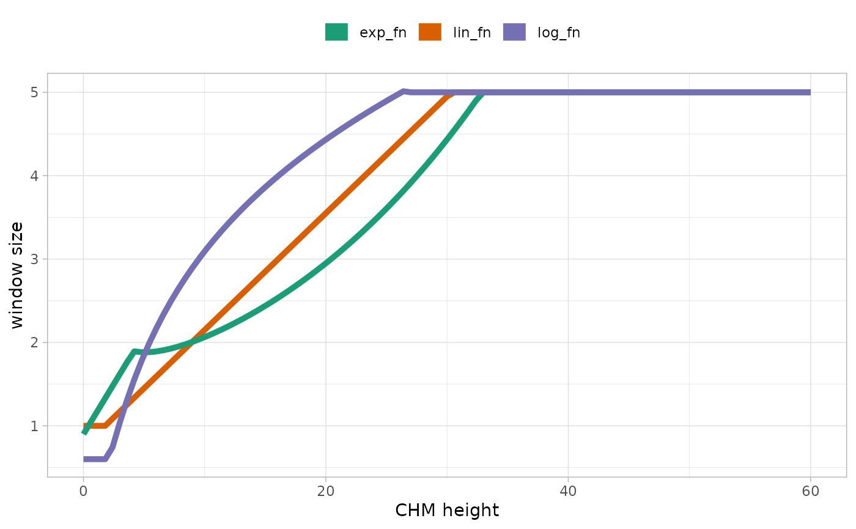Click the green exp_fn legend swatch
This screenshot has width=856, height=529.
click(336, 32)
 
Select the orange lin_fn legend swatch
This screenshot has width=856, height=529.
click(430, 32)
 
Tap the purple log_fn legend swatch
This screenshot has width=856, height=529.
click(514, 32)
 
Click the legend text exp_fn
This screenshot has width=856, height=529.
click(383, 33)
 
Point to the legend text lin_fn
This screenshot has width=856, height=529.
click(471, 33)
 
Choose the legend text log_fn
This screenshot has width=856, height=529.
click(559, 33)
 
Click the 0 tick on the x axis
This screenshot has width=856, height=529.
click(83, 490)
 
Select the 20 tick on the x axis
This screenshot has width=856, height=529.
click(326, 490)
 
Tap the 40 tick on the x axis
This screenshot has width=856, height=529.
click(568, 490)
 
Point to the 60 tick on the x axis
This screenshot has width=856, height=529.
click(810, 490)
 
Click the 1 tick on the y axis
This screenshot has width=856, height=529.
click(34, 426)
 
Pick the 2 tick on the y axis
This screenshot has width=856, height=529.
click(34, 342)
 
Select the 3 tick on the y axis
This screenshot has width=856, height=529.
click(34, 259)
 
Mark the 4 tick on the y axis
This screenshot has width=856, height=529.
click(34, 176)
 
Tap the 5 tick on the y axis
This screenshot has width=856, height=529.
click(34, 92)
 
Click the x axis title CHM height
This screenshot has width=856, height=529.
click(447, 511)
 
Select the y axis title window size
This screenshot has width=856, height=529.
click(17, 275)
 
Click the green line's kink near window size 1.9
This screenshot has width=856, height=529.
click(133, 351)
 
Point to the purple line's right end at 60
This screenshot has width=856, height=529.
click(809, 92)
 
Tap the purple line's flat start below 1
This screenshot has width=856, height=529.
click(95, 459)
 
